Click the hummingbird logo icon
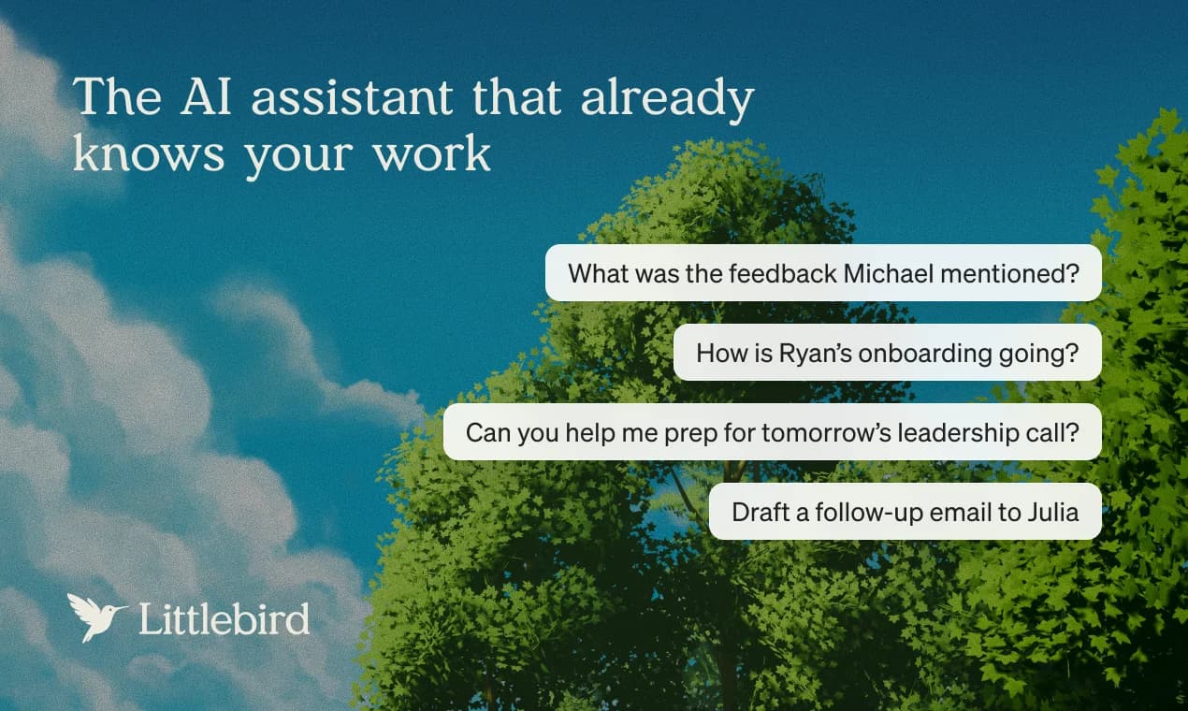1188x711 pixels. [96, 616]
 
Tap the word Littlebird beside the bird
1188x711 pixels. [224, 618]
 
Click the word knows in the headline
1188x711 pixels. [148, 153]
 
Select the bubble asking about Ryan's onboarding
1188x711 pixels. [887, 353]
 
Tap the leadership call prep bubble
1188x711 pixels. [772, 432]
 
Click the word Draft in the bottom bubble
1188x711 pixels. [756, 512]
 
